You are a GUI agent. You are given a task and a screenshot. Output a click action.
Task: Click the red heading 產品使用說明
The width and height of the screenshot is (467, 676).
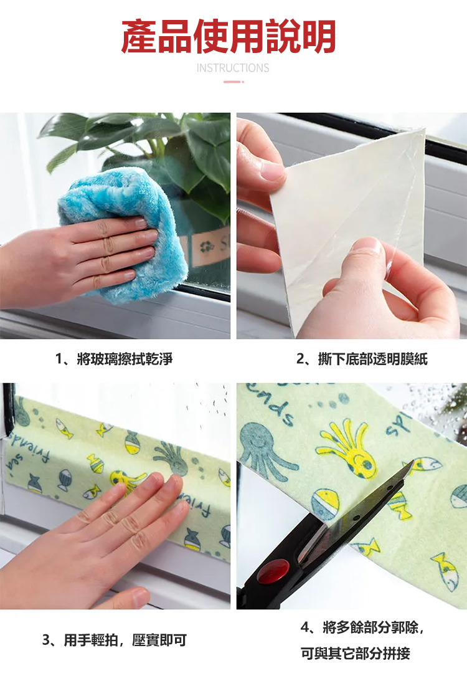click(229, 36)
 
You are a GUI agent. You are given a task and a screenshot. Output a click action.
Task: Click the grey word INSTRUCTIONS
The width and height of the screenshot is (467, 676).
click(233, 68)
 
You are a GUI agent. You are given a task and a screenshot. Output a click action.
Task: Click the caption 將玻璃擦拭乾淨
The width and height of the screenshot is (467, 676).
click(125, 359)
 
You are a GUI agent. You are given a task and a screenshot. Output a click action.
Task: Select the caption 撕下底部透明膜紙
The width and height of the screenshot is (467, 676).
click(372, 359)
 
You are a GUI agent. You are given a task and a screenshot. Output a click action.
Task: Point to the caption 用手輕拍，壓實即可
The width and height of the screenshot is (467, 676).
click(125, 640)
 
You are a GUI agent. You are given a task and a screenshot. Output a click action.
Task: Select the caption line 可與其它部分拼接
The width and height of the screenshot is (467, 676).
click(356, 654)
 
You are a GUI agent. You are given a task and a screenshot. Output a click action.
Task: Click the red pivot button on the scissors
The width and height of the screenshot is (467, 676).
click(273, 571)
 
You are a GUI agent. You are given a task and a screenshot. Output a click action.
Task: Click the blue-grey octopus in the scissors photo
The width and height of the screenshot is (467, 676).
click(266, 449)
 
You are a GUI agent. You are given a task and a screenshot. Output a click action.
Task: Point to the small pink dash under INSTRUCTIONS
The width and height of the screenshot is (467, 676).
click(233, 82)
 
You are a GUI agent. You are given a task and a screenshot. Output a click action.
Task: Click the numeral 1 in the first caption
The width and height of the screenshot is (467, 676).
click(59, 359)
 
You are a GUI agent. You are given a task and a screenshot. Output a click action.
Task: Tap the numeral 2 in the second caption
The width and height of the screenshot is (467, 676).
click(300, 359)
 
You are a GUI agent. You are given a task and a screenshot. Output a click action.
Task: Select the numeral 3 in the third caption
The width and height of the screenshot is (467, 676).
click(46, 640)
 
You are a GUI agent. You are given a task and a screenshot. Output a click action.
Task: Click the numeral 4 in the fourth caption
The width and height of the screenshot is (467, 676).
click(304, 627)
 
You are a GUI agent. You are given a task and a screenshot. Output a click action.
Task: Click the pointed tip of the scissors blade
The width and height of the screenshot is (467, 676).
click(412, 460)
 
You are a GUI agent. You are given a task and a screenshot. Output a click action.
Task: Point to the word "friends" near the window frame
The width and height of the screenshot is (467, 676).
click(29, 442)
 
